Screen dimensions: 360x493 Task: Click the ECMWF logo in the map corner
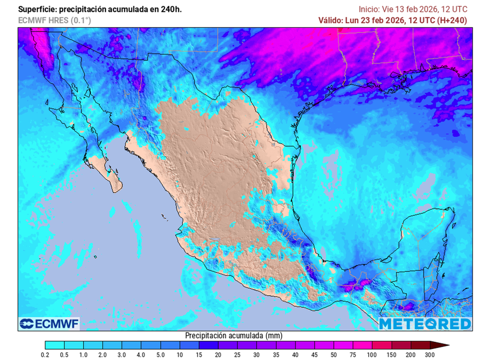tap(49, 323)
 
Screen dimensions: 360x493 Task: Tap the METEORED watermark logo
tap(425, 323)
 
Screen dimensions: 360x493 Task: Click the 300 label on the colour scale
tap(429, 355)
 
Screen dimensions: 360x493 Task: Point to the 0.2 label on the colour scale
tap(45, 355)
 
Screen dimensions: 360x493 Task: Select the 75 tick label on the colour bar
tap(353, 355)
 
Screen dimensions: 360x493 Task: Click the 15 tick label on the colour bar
tap(199, 355)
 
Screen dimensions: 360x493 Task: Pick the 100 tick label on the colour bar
tap(372, 355)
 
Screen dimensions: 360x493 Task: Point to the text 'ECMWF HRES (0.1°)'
tap(54, 20)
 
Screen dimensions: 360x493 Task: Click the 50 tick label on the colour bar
tap(334, 355)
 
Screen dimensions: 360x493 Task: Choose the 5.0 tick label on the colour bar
tap(160, 355)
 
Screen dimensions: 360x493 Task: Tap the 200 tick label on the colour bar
tap(411, 355)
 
